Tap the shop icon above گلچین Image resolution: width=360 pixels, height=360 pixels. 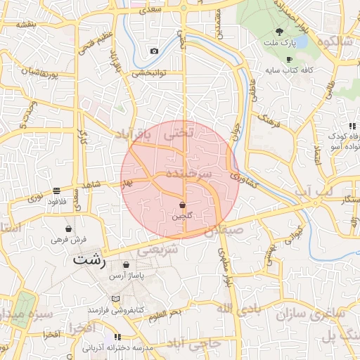coord(183,205)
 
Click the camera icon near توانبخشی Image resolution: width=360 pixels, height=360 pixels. coord(154,51)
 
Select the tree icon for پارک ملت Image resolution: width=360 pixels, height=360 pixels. coord(279,32)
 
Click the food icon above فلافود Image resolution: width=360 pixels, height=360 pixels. coord(56,191)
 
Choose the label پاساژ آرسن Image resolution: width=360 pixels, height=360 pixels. coord(127,276)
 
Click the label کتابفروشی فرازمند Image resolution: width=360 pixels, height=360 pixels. coord(115,309)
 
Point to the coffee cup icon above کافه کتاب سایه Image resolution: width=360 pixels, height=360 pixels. coord(289,59)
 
